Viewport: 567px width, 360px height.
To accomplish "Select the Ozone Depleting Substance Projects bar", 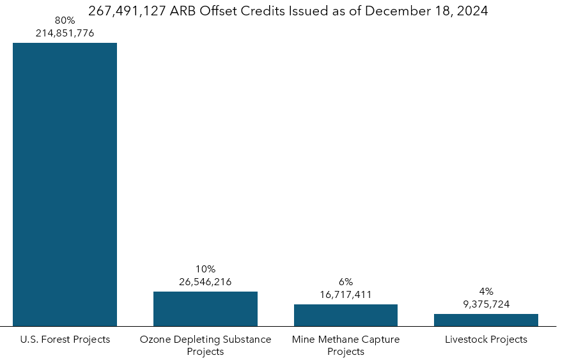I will (205, 309).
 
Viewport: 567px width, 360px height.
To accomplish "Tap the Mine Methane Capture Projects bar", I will (345, 315).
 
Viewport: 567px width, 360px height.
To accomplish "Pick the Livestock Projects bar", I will (486, 320).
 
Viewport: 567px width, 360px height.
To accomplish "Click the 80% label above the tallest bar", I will (65, 20).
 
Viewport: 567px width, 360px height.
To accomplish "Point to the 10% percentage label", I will (205, 269).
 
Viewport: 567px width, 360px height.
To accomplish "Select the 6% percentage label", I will (345, 282).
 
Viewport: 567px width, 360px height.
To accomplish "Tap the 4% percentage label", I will (486, 292).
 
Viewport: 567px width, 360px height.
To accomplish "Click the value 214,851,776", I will (65, 33).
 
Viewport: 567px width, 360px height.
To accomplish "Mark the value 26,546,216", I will (205, 282).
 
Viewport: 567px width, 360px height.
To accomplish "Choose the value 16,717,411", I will (345, 295).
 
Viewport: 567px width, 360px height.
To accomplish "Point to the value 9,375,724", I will (486, 304).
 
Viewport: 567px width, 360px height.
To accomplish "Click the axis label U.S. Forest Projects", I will (65, 340).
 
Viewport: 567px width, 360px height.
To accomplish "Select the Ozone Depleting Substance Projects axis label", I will (205, 345).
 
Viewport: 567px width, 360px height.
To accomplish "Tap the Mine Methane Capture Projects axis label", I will (345, 345).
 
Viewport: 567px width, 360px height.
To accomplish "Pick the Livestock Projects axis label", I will (486, 340).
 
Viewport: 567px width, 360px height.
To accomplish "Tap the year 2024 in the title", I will (470, 12).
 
